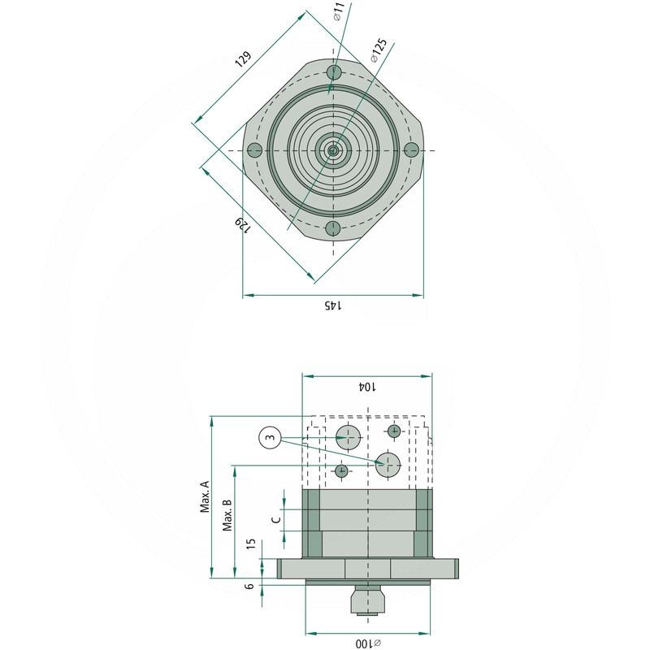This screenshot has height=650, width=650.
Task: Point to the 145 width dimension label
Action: pyautogui.click(x=333, y=305)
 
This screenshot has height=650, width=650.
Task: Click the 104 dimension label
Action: pyautogui.click(x=367, y=388)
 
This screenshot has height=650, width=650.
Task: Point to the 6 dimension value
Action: pyautogui.click(x=250, y=585)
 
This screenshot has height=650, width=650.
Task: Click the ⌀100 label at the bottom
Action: pyautogui.click(x=367, y=643)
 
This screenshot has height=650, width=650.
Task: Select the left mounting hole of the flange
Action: pyautogui.click(x=254, y=150)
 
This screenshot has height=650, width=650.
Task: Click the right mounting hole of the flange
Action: pyautogui.click(x=411, y=150)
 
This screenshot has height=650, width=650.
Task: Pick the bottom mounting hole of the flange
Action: pyautogui.click(x=332, y=228)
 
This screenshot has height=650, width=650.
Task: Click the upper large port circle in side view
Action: pyautogui.click(x=349, y=436)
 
